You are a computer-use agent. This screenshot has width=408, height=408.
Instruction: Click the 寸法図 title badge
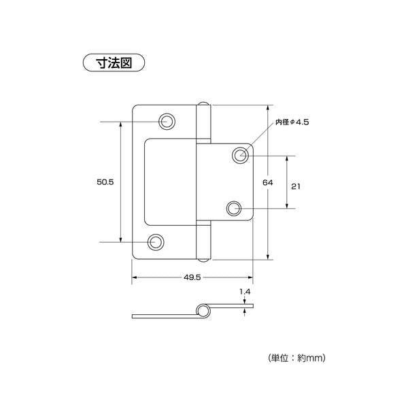click(114, 63)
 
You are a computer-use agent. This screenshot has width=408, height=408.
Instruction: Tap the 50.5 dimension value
click(105, 182)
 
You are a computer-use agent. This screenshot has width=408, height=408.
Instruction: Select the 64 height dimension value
click(267, 182)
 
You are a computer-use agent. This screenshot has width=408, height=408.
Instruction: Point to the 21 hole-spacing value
click(296, 186)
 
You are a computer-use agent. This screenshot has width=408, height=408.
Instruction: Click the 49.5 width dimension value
click(192, 277)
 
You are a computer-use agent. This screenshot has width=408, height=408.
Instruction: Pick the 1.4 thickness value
click(245, 292)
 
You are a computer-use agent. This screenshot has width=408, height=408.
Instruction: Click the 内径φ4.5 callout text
click(292, 122)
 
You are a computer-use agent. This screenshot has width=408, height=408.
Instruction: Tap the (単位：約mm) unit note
click(296, 358)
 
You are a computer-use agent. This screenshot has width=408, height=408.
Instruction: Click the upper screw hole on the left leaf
click(167, 121)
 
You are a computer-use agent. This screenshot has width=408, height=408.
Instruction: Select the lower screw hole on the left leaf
click(156, 242)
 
